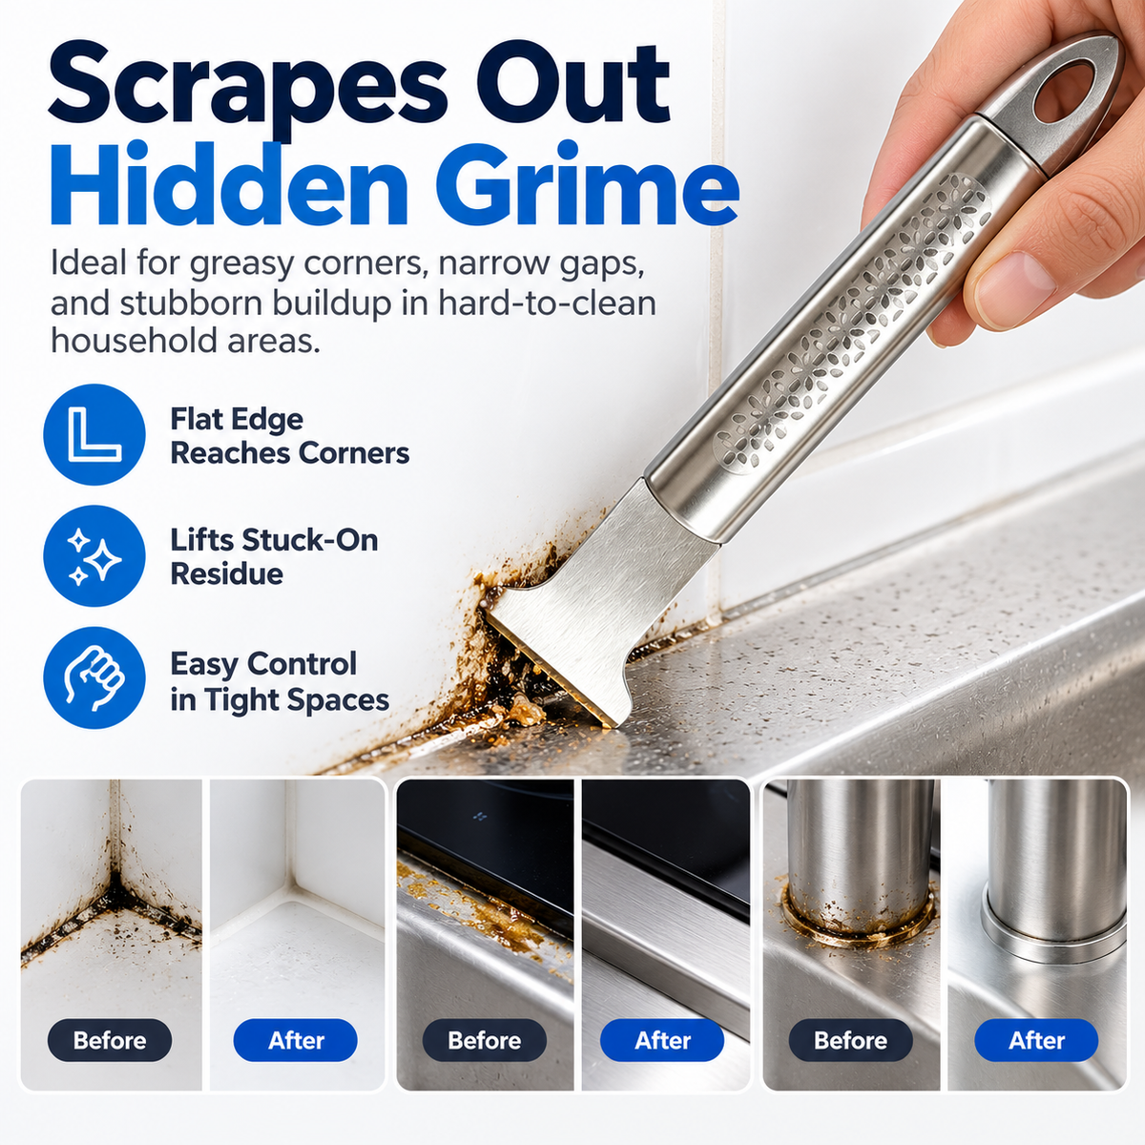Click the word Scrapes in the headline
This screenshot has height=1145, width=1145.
(x=247, y=88)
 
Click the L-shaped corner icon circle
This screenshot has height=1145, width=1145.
(x=94, y=434)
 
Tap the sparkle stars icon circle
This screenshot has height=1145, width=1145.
(x=94, y=555)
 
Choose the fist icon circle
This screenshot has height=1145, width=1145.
(x=94, y=677)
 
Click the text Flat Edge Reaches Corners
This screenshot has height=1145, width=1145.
(x=290, y=436)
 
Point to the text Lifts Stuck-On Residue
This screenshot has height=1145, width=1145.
(x=274, y=556)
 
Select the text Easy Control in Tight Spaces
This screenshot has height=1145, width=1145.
(x=280, y=681)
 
